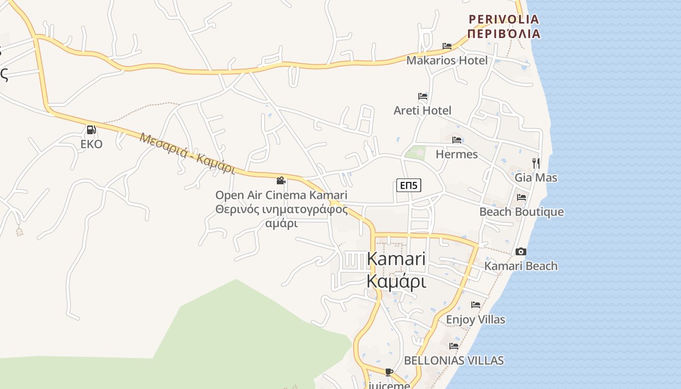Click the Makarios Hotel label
pyautogui.click(x=447, y=60)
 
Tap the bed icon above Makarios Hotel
pyautogui.click(x=447, y=46)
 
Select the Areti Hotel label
pyautogui.click(x=422, y=110)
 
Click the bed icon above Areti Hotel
pyautogui.click(x=423, y=96)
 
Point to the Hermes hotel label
pyautogui.click(x=457, y=154)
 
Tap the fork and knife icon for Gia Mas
pyautogui.click(x=536, y=163)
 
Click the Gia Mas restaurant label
pyautogui.click(x=536, y=177)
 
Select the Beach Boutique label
pyautogui.click(x=521, y=212)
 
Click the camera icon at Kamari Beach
pyautogui.click(x=521, y=251)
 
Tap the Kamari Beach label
pyautogui.click(x=521, y=266)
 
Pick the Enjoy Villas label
pyautogui.click(x=475, y=319)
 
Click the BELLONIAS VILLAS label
pyautogui.click(x=454, y=360)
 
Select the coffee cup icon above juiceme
pyautogui.click(x=389, y=372)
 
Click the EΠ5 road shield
pyautogui.click(x=409, y=185)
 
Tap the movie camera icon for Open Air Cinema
pyautogui.click(x=281, y=181)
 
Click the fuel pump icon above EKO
pyautogui.click(x=91, y=130)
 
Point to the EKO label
pyautogui.click(x=91, y=144)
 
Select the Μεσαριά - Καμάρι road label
pyautogui.click(x=187, y=153)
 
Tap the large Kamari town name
pyautogui.click(x=396, y=270)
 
